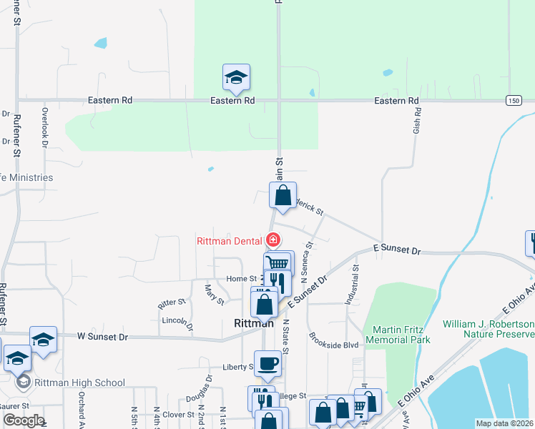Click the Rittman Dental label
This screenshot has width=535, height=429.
point(230,240)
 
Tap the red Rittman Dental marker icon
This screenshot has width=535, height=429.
point(273,240)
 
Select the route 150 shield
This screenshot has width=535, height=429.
point(513,100)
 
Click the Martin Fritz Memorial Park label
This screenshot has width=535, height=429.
point(397,335)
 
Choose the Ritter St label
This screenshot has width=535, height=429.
point(172,303)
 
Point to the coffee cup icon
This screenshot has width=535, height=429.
point(267,363)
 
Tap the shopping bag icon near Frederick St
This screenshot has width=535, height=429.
point(283,194)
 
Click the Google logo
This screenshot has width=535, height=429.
point(23,420)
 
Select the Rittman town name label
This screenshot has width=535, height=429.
point(252,322)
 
